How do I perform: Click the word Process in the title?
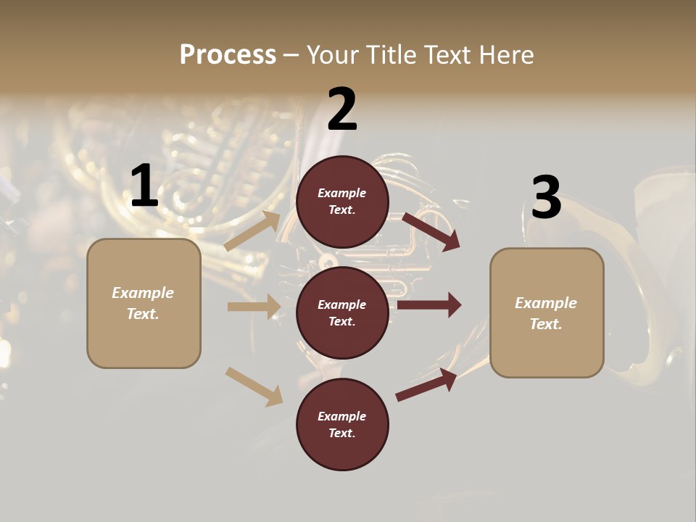click(x=228, y=54)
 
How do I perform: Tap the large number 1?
click(x=144, y=186)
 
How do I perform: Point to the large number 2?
click(x=342, y=109)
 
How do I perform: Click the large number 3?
click(x=546, y=198)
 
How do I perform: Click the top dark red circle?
click(x=342, y=202)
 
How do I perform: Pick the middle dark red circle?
click(x=342, y=312)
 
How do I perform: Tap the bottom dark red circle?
click(x=342, y=425)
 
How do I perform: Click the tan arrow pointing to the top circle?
click(x=253, y=231)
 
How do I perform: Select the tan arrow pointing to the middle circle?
click(x=253, y=307)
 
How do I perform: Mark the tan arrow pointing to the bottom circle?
click(x=254, y=386)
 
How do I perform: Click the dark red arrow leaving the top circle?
click(x=431, y=231)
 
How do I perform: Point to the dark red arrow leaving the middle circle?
click(x=429, y=304)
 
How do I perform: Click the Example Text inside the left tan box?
click(x=143, y=303)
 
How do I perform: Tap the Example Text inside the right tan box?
click(x=546, y=313)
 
